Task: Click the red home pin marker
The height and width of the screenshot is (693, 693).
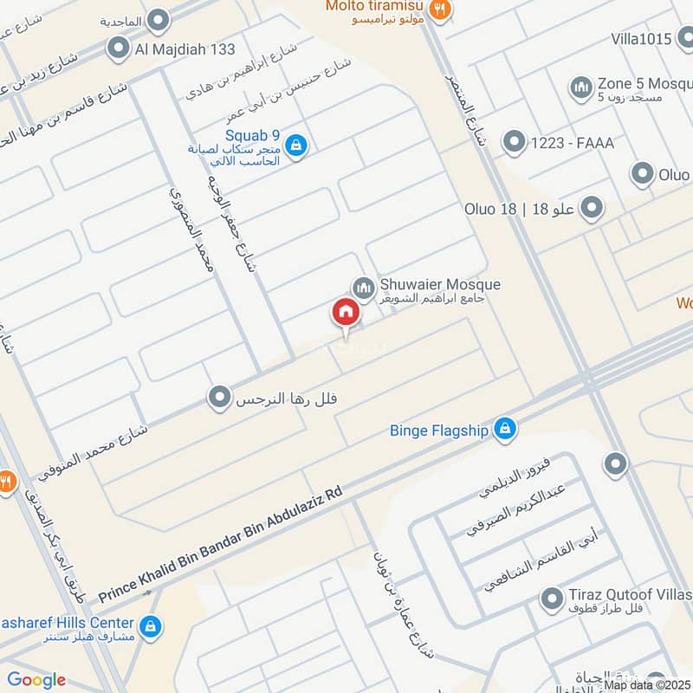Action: coord(345,314)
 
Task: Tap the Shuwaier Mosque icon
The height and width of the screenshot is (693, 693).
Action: coord(363,286)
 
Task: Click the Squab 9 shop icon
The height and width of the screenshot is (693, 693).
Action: coord(296,146)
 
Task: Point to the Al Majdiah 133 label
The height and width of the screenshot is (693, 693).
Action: coord(184,49)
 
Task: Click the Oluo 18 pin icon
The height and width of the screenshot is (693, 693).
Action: coord(592,208)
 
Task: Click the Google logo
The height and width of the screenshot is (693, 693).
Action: coord(36,680)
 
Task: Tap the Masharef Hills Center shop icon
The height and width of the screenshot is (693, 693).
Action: coord(150,624)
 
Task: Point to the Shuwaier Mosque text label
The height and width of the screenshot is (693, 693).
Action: coord(439,284)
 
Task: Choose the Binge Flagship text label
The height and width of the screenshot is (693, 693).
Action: coord(441,428)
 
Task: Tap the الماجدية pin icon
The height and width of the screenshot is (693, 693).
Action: coord(159,18)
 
